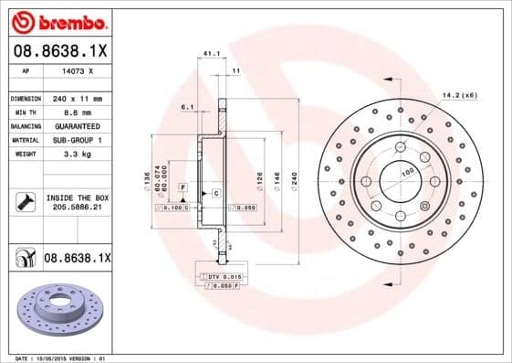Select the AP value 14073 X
[x=78, y=70]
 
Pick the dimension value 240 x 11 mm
[x=77, y=97]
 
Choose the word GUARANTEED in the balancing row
[x=77, y=125]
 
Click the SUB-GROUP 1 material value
[x=77, y=140]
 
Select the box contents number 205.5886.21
[x=77, y=208]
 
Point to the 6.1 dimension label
[x=187, y=108]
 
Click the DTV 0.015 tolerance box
[x=224, y=276]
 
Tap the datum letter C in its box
[x=215, y=194]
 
